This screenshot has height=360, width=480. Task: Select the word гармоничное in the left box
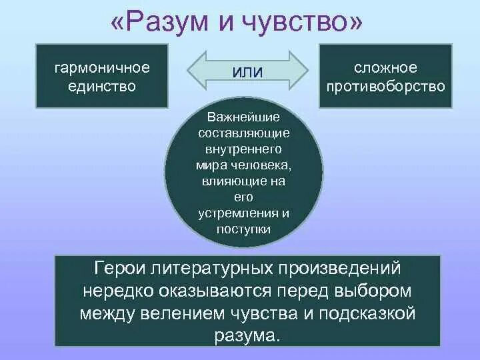pos(101,68)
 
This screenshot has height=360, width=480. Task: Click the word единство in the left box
pos(101,86)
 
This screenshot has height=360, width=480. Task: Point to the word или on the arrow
pos(247,71)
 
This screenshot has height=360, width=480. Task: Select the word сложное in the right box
pos(385,68)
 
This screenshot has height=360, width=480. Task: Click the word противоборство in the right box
pos(385,86)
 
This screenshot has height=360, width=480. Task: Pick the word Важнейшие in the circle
pos(243,117)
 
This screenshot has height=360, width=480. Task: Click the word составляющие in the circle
pos(243,133)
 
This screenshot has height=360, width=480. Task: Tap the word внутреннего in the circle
pos(243,149)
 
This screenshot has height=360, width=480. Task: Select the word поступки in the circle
pos(243,229)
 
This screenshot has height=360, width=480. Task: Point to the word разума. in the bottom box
pos(247,335)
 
